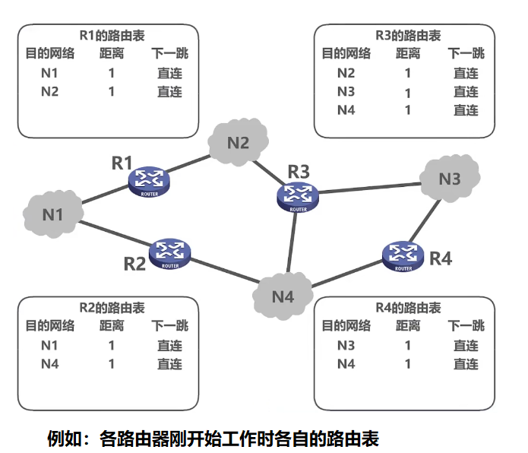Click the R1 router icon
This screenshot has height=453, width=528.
[x=150, y=181]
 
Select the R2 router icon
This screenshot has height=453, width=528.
[x=170, y=253]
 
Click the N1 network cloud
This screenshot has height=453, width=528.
[x=53, y=214]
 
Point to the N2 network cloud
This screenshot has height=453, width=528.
[x=239, y=142]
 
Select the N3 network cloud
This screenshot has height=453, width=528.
[x=450, y=179]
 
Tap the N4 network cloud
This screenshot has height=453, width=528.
[x=283, y=296]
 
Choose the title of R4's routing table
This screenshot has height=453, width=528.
[x=408, y=308]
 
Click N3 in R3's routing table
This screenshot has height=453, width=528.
[x=346, y=92]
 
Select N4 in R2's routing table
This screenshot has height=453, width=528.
[x=49, y=363]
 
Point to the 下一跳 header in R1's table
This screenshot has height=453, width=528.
[x=169, y=54]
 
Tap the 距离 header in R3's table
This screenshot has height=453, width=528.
[x=407, y=54]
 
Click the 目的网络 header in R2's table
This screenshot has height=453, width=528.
[x=50, y=326]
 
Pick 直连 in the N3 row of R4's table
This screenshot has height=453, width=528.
[x=466, y=345]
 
